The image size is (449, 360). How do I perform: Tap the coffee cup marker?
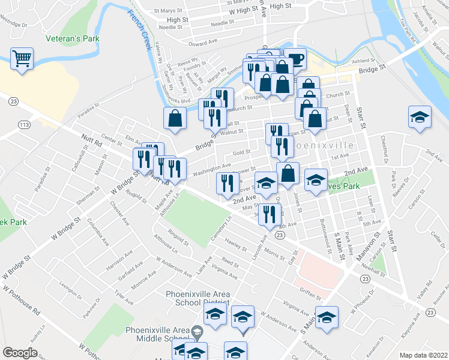pyautogui.click(x=296, y=59)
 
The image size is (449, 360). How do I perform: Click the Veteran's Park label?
pyautogui.click(x=73, y=38)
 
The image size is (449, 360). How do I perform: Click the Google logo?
pyautogui.click(x=20, y=353)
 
